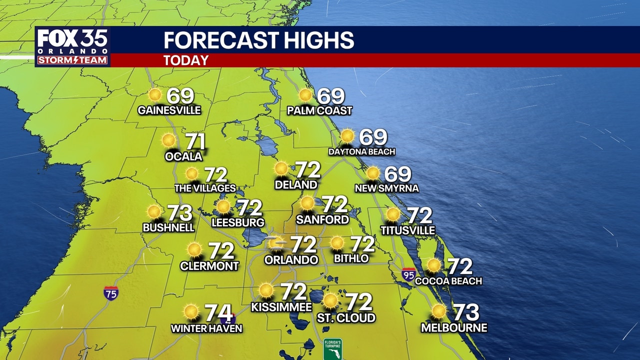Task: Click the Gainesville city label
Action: (169, 110)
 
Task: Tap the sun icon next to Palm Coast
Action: (305, 95)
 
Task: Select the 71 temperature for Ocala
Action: (195, 141)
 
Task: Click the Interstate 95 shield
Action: (408, 274)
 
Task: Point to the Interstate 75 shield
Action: (111, 293)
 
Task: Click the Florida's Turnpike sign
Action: (332, 349)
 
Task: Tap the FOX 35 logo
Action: (72, 41)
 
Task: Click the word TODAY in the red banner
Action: (185, 60)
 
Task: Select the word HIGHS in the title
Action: (313, 40)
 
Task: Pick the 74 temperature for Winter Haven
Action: (218, 313)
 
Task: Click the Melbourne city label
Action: (454, 328)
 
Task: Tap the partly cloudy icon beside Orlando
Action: (276, 244)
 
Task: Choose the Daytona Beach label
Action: (361, 151)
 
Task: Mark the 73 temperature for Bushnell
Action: (179, 213)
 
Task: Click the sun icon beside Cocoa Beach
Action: (433, 265)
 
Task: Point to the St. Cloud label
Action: (346, 318)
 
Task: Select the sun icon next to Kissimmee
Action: (266, 290)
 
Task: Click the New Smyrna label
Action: (386, 188)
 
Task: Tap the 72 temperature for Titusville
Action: (419, 215)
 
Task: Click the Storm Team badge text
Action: (72, 60)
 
